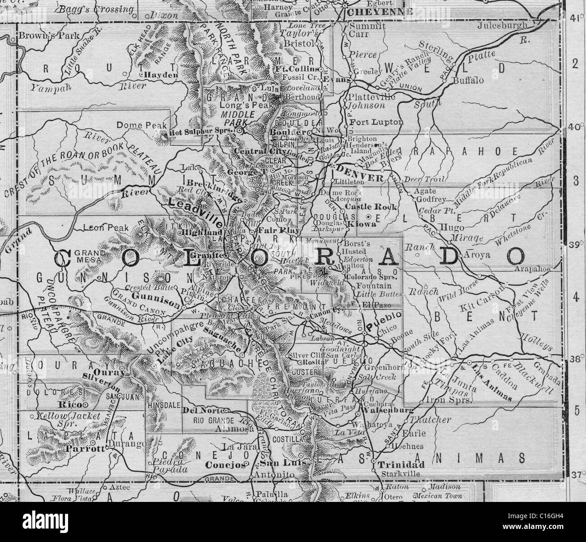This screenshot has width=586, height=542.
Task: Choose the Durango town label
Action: (129, 445)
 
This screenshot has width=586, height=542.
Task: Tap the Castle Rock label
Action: (371, 207)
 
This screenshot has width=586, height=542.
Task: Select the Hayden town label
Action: (161, 75)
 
